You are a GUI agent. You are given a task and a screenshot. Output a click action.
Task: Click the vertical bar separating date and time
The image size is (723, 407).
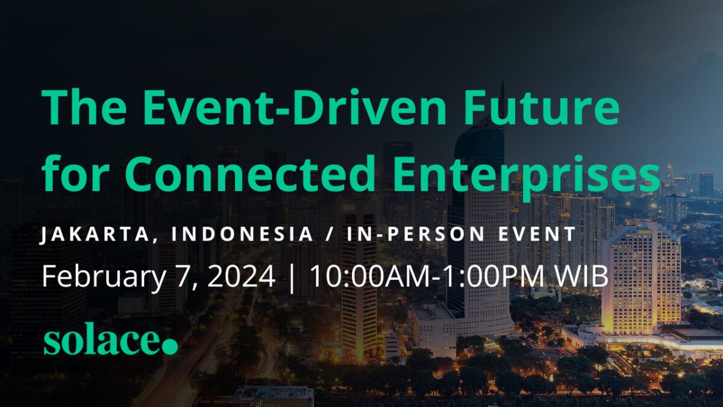click(292, 277)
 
